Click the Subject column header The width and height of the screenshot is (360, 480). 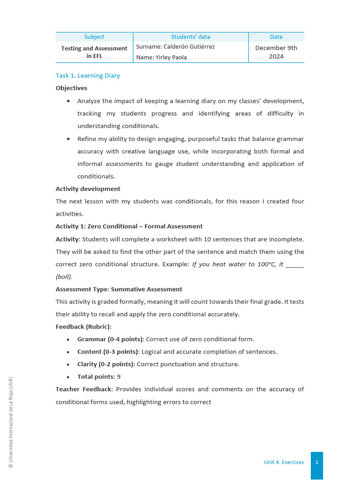pyautogui.click(x=94, y=37)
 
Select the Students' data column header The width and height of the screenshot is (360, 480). pyautogui.click(x=190, y=37)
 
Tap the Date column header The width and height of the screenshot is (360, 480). pyautogui.click(x=276, y=37)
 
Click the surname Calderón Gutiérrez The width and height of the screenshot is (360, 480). pyautogui.click(x=175, y=47)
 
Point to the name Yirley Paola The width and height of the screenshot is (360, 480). pyautogui.click(x=161, y=57)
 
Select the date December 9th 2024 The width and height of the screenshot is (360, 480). pyautogui.click(x=276, y=52)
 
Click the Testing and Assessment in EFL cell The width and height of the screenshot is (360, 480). pyautogui.click(x=94, y=52)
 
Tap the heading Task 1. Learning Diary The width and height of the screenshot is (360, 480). pyautogui.click(x=88, y=75)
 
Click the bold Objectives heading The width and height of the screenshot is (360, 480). pyautogui.click(x=71, y=88)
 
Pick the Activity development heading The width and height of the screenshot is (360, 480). pyautogui.click(x=88, y=189)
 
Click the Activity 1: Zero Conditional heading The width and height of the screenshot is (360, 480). pyautogui.click(x=129, y=226)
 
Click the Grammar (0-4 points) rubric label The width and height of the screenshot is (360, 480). pyautogui.click(x=111, y=339)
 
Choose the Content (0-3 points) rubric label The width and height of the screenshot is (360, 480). pyautogui.click(x=108, y=352)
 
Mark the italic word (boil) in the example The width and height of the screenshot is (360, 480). pyautogui.click(x=64, y=277)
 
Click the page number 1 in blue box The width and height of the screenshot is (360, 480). pyautogui.click(x=317, y=462)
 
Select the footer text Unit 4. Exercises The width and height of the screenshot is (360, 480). pyautogui.click(x=284, y=462)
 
